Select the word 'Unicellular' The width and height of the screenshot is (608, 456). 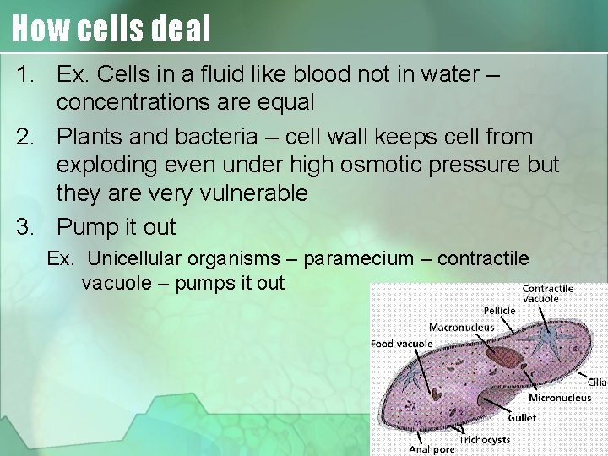pos(138,258)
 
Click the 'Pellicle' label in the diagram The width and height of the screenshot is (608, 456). pos(499,311)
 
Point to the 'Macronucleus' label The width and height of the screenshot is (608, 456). pos(462,327)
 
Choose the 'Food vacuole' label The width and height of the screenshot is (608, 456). pos(402,344)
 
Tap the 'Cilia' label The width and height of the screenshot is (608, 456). pos(597,383)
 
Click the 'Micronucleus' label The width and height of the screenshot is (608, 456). pos(560,398)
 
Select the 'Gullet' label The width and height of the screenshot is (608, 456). pos(522,417)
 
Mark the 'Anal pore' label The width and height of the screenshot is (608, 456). pos(432,449)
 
